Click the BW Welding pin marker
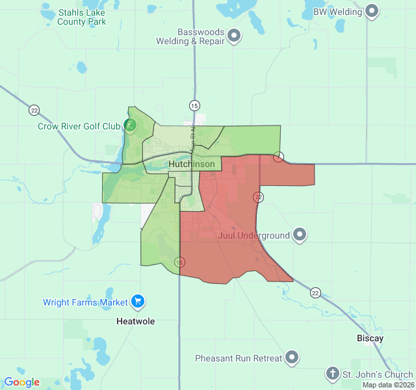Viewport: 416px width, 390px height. click(x=372, y=11)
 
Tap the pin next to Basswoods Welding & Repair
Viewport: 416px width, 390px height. click(x=234, y=36)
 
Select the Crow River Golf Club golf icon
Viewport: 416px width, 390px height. click(x=131, y=125)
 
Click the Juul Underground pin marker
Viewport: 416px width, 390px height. click(x=300, y=235)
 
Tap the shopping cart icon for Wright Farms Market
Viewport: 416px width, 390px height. click(x=137, y=302)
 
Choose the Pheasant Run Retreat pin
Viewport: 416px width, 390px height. click(x=292, y=357)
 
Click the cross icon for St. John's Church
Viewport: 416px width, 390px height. click(x=333, y=374)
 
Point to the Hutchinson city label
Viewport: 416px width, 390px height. click(x=192, y=164)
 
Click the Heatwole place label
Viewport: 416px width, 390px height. click(x=135, y=321)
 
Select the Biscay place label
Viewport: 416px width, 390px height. click(x=370, y=339)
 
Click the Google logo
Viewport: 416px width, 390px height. click(x=21, y=382)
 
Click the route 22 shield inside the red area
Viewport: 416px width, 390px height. click(x=259, y=196)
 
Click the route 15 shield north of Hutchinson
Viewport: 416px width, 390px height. click(x=194, y=105)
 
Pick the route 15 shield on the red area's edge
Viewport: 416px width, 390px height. click(x=179, y=262)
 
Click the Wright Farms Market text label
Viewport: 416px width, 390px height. click(x=85, y=302)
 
